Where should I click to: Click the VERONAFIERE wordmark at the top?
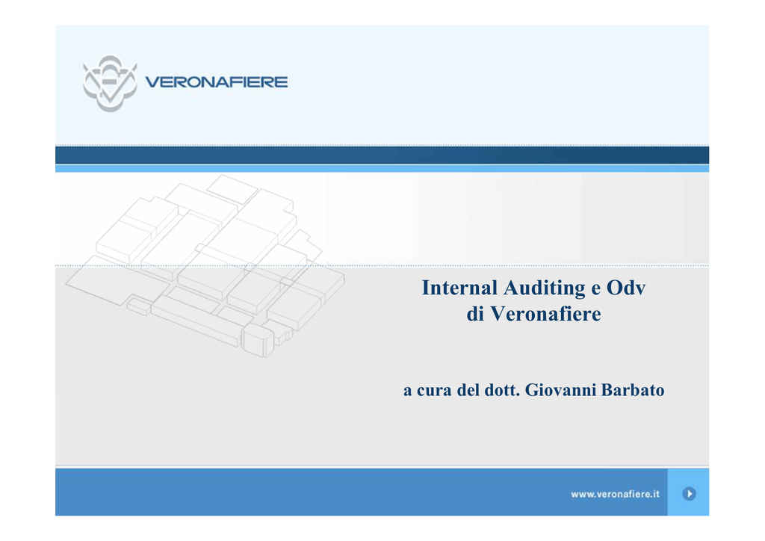tap(217, 82)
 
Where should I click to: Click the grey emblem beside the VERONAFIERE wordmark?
tap(110, 83)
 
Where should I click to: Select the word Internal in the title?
tap(459, 288)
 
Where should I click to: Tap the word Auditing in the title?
tap(545, 288)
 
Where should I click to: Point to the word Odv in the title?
tap(626, 288)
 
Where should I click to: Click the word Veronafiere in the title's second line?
tap(545, 314)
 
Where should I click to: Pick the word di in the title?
tap(475, 314)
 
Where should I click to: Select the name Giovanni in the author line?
tap(560, 390)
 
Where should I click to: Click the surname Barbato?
tap(633, 390)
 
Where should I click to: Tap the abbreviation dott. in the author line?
tap(502, 390)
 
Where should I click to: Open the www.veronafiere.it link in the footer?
tap(616, 494)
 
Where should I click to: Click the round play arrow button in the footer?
tap(689, 494)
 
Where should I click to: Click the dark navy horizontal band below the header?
tap(382, 155)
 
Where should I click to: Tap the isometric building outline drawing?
tap(205, 266)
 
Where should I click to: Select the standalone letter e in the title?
tap(595, 290)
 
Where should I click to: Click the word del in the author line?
tap(468, 390)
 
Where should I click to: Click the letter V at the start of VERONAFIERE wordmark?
tap(153, 82)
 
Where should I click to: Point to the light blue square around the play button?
tap(688, 492)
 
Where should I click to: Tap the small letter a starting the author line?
tap(407, 392)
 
